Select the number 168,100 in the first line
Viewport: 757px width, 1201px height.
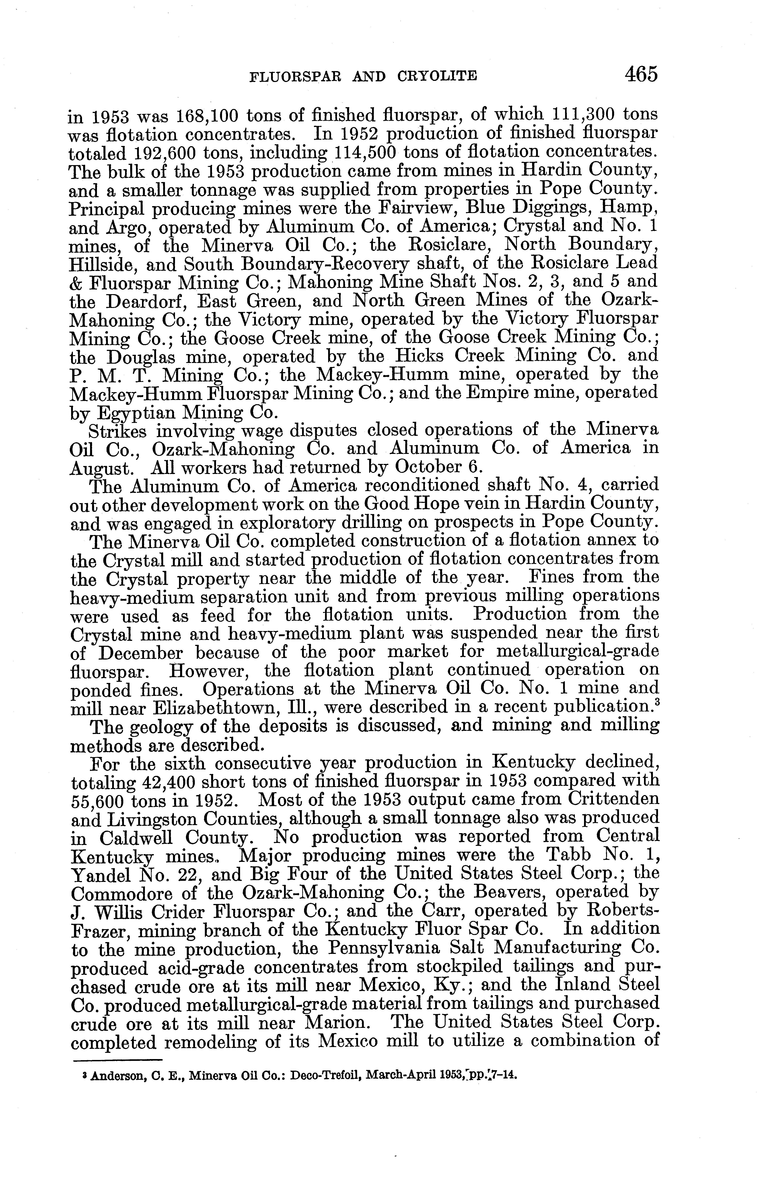point(210,116)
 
